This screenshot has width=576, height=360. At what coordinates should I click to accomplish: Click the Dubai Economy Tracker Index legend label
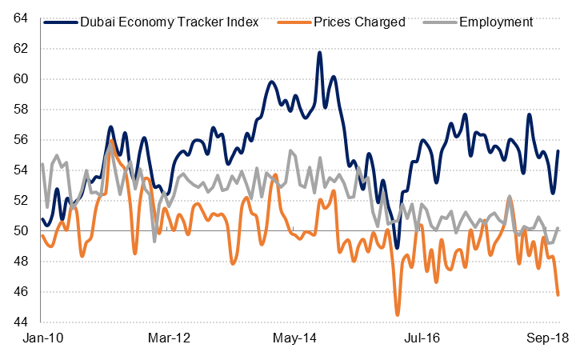[170, 22]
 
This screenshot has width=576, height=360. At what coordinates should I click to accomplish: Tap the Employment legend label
[496, 22]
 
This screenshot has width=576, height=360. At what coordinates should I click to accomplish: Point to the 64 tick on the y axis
[22, 18]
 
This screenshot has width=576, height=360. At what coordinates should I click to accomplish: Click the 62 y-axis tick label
[22, 48]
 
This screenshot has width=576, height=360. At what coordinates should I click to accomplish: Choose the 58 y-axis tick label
[22, 109]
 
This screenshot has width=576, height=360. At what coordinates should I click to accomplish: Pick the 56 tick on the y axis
[22, 139]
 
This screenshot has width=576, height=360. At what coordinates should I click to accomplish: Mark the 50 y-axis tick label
[22, 231]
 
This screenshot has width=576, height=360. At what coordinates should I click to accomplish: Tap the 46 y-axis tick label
[22, 292]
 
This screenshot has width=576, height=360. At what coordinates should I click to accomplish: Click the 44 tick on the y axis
[22, 322]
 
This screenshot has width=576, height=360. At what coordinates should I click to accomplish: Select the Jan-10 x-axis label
[42, 338]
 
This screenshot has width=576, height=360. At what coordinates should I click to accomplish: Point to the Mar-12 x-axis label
[170, 338]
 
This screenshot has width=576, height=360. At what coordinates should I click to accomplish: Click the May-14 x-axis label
[295, 338]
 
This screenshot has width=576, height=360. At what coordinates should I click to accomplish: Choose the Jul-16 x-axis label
[422, 338]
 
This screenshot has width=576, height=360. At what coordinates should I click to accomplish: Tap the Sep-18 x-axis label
[547, 338]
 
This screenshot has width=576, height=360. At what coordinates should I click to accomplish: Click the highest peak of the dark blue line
[320, 53]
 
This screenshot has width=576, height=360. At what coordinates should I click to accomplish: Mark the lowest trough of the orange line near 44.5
[398, 314]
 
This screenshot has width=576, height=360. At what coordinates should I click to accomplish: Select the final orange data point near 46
[558, 294]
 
